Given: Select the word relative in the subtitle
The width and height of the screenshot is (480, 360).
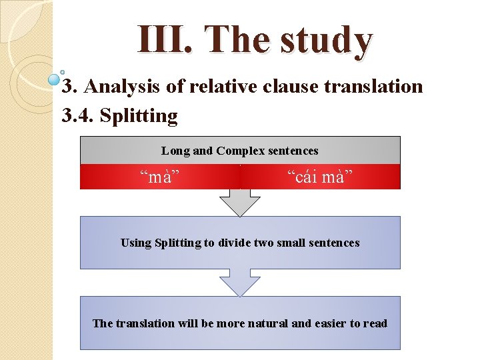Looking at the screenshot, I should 220,87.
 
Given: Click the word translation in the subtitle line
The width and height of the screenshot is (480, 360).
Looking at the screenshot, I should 373,87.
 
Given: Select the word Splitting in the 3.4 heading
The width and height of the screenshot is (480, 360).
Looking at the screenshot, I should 139,117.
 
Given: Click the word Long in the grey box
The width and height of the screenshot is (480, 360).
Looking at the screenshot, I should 175,151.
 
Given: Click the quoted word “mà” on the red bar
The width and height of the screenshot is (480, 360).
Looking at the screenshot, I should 160,177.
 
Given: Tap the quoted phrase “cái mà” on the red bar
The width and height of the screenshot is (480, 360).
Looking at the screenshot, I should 320,177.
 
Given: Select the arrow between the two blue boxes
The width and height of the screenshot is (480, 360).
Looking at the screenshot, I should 240,283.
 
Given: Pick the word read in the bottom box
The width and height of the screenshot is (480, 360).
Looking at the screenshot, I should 375,323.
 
